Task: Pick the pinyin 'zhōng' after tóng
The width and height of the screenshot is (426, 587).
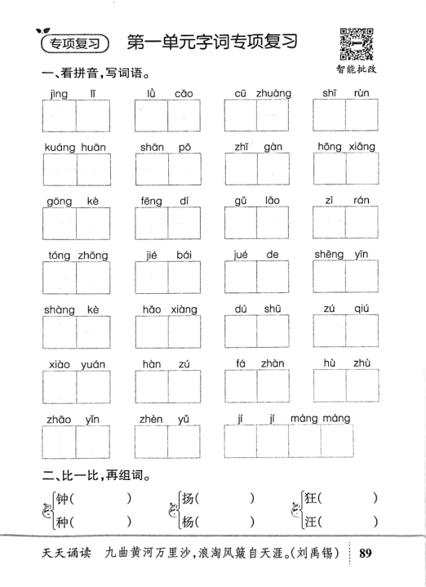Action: coord(92,256)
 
